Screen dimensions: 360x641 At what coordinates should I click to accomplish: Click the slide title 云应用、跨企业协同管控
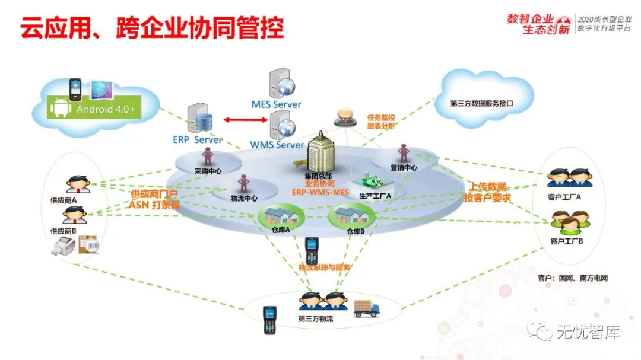[x=152, y=28]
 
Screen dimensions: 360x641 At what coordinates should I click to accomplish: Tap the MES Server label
[x=276, y=104]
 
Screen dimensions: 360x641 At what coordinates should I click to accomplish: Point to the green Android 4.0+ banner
[x=105, y=109]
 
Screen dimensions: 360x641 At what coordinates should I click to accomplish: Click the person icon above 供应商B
[x=77, y=215]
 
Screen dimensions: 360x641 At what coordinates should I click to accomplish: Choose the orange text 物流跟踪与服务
[x=324, y=267]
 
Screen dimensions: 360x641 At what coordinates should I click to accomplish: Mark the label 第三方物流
[x=315, y=319]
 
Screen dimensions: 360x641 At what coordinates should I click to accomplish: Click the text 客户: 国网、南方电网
[x=572, y=277]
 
